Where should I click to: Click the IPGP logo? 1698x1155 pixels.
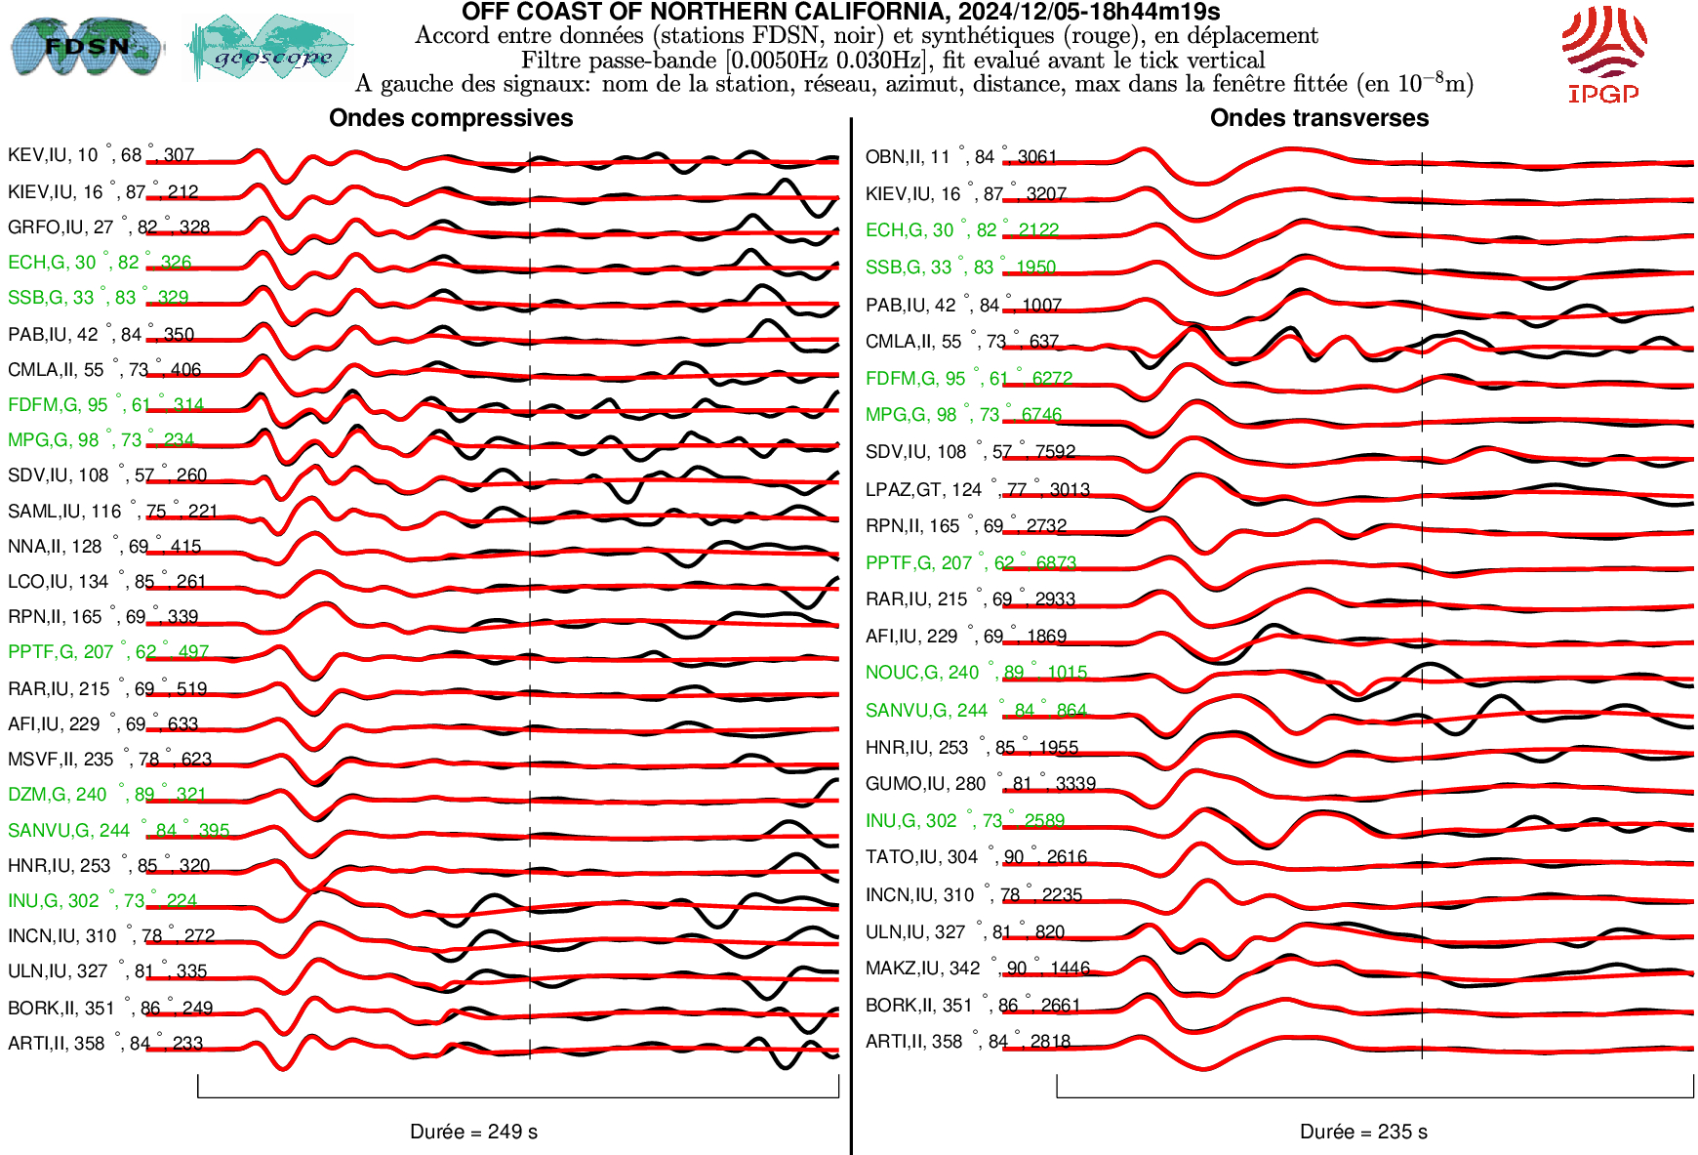coord(1603,54)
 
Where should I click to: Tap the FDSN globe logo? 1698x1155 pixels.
coord(86,46)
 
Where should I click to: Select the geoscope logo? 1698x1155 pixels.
coord(270,48)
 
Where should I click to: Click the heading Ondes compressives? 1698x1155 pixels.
coord(451,118)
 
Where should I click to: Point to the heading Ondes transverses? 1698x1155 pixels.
coord(1318,118)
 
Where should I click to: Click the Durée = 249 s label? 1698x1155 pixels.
coord(473,1132)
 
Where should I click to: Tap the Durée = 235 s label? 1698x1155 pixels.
coord(1363,1132)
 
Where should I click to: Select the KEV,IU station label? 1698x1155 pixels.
coord(101,155)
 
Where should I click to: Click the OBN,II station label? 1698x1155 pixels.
coord(961,157)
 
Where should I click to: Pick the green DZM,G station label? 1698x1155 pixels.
coord(106,795)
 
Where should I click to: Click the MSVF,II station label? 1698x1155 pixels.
coord(109,760)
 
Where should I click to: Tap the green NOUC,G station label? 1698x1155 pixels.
coord(976,673)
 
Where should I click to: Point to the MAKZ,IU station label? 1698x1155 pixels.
coord(977,969)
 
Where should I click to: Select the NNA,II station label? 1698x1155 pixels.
coord(104,547)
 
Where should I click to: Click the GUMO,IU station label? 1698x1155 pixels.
coord(980,784)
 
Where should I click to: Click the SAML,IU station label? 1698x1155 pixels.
coord(112,512)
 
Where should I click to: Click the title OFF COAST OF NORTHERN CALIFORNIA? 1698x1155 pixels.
coord(840,12)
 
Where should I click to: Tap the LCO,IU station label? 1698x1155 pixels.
coord(106,582)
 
